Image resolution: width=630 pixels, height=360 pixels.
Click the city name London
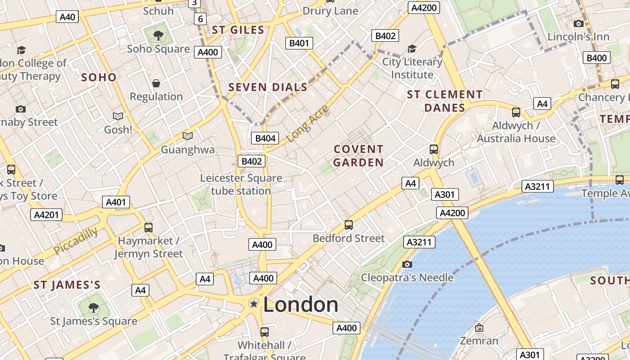coord(301,305)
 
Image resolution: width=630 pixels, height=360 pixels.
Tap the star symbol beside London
coord(254,304)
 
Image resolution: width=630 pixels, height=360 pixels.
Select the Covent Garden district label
coord(358,156)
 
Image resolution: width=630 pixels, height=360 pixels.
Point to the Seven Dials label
coord(268,87)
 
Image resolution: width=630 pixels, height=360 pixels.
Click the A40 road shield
coord(67,17)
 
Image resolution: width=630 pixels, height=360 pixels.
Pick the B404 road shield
coord(265,138)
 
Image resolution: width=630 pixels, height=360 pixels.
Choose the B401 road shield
coord(299,43)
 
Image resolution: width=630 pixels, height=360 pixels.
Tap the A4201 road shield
coord(47,215)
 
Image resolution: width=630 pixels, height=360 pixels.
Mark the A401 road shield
coord(116,202)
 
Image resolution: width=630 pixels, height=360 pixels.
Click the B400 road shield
coord(597,58)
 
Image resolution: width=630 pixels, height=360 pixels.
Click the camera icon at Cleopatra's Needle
coord(407,264)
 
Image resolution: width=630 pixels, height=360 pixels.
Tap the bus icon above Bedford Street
coord(348,225)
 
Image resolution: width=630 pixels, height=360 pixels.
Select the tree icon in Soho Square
coord(158,35)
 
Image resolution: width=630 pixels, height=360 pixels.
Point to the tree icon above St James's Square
coord(93,308)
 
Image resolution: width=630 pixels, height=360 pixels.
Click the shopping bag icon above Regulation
coord(156,83)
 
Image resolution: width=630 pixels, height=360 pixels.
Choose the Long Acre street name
coord(308,124)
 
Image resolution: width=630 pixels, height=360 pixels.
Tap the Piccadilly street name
coord(76,241)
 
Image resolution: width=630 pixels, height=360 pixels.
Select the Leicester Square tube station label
coord(241,184)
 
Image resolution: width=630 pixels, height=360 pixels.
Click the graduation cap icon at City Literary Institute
coord(412,49)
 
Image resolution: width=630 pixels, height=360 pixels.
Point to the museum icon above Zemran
coord(479,328)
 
